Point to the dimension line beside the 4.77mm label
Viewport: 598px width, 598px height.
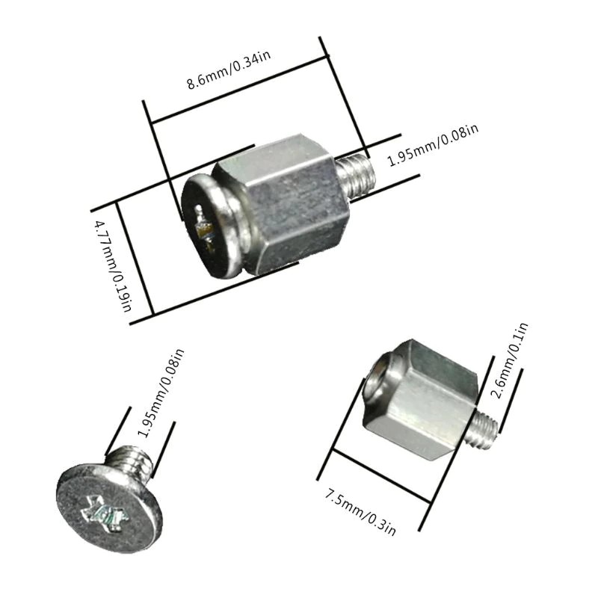point(135,258)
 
